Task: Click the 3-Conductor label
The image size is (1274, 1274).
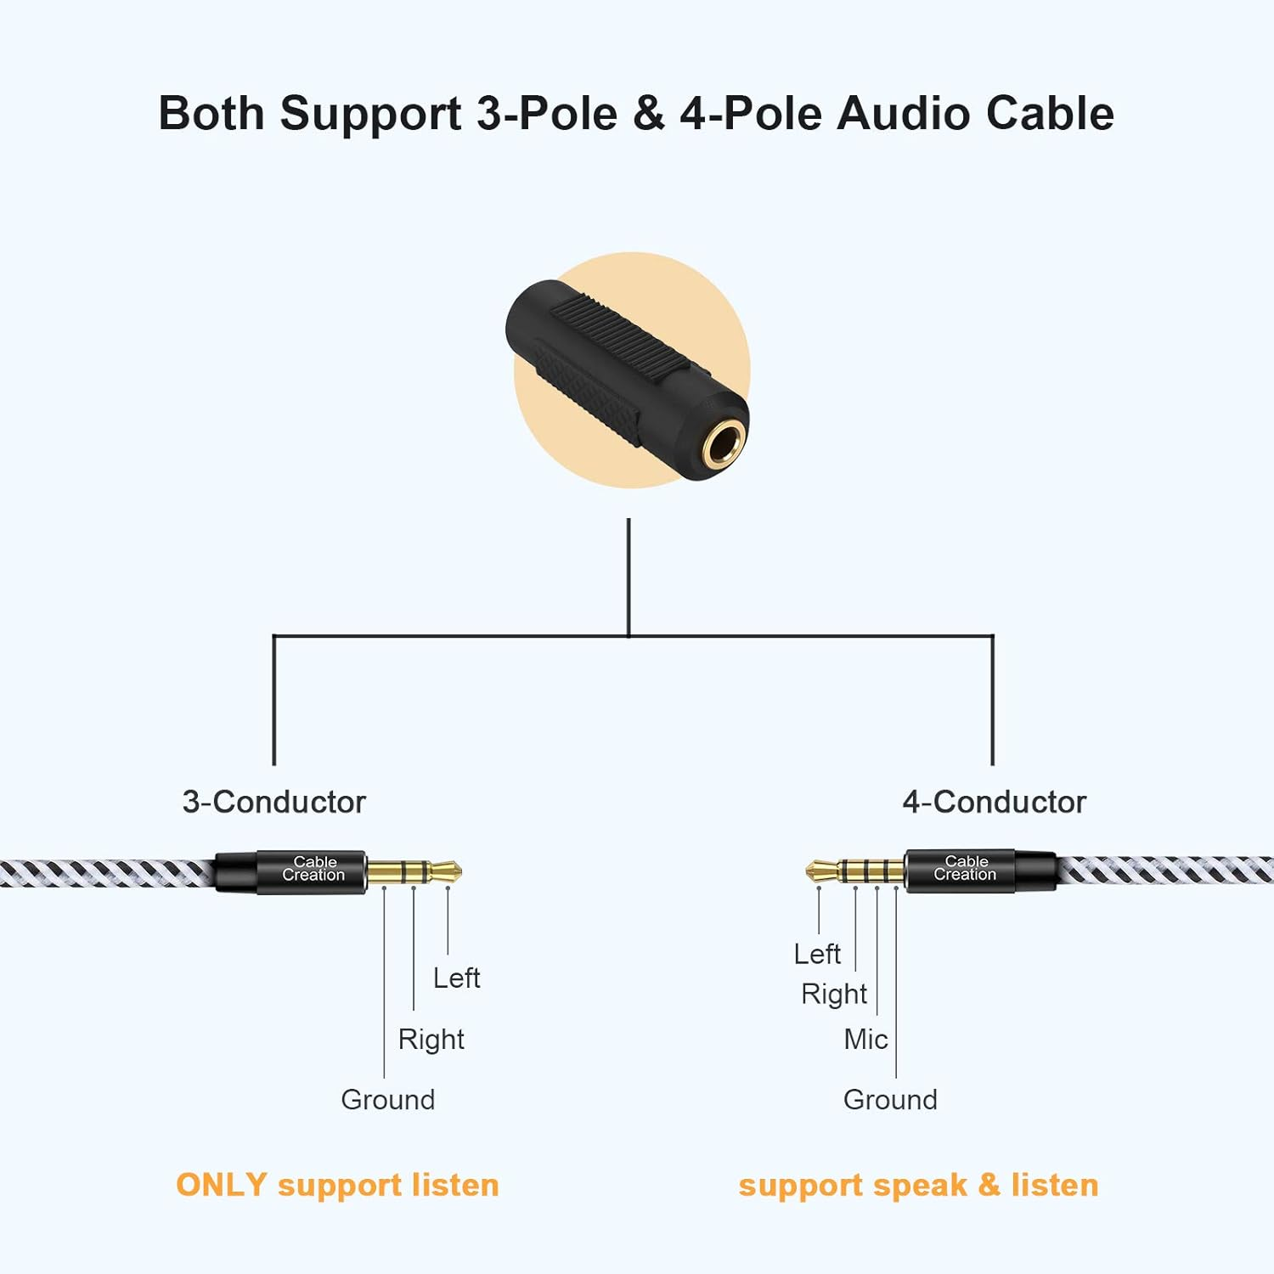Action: (x=273, y=802)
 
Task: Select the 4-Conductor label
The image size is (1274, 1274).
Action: (x=994, y=802)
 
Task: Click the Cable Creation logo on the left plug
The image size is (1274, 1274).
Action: (x=313, y=869)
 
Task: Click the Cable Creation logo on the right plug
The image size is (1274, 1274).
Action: (x=965, y=868)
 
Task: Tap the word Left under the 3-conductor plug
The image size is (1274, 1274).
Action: (x=456, y=978)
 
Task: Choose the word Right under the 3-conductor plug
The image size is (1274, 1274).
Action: (x=431, y=1040)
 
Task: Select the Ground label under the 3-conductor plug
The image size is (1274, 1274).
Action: (x=387, y=1100)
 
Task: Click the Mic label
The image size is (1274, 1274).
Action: (x=865, y=1040)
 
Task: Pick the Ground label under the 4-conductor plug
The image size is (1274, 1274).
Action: (x=890, y=1100)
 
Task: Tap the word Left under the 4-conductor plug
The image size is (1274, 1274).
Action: (x=817, y=955)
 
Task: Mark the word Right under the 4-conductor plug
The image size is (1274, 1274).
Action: (x=833, y=995)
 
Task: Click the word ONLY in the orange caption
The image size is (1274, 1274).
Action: (x=221, y=1185)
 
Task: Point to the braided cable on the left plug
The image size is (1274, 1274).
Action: (x=102, y=873)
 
